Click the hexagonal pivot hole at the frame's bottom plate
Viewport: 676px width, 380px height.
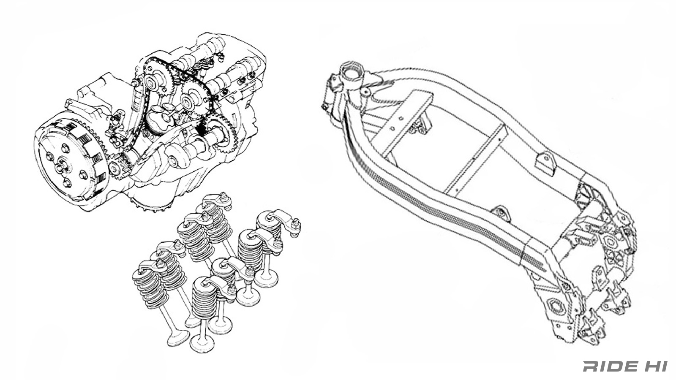555,306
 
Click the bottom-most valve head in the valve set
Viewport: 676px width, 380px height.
203,343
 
